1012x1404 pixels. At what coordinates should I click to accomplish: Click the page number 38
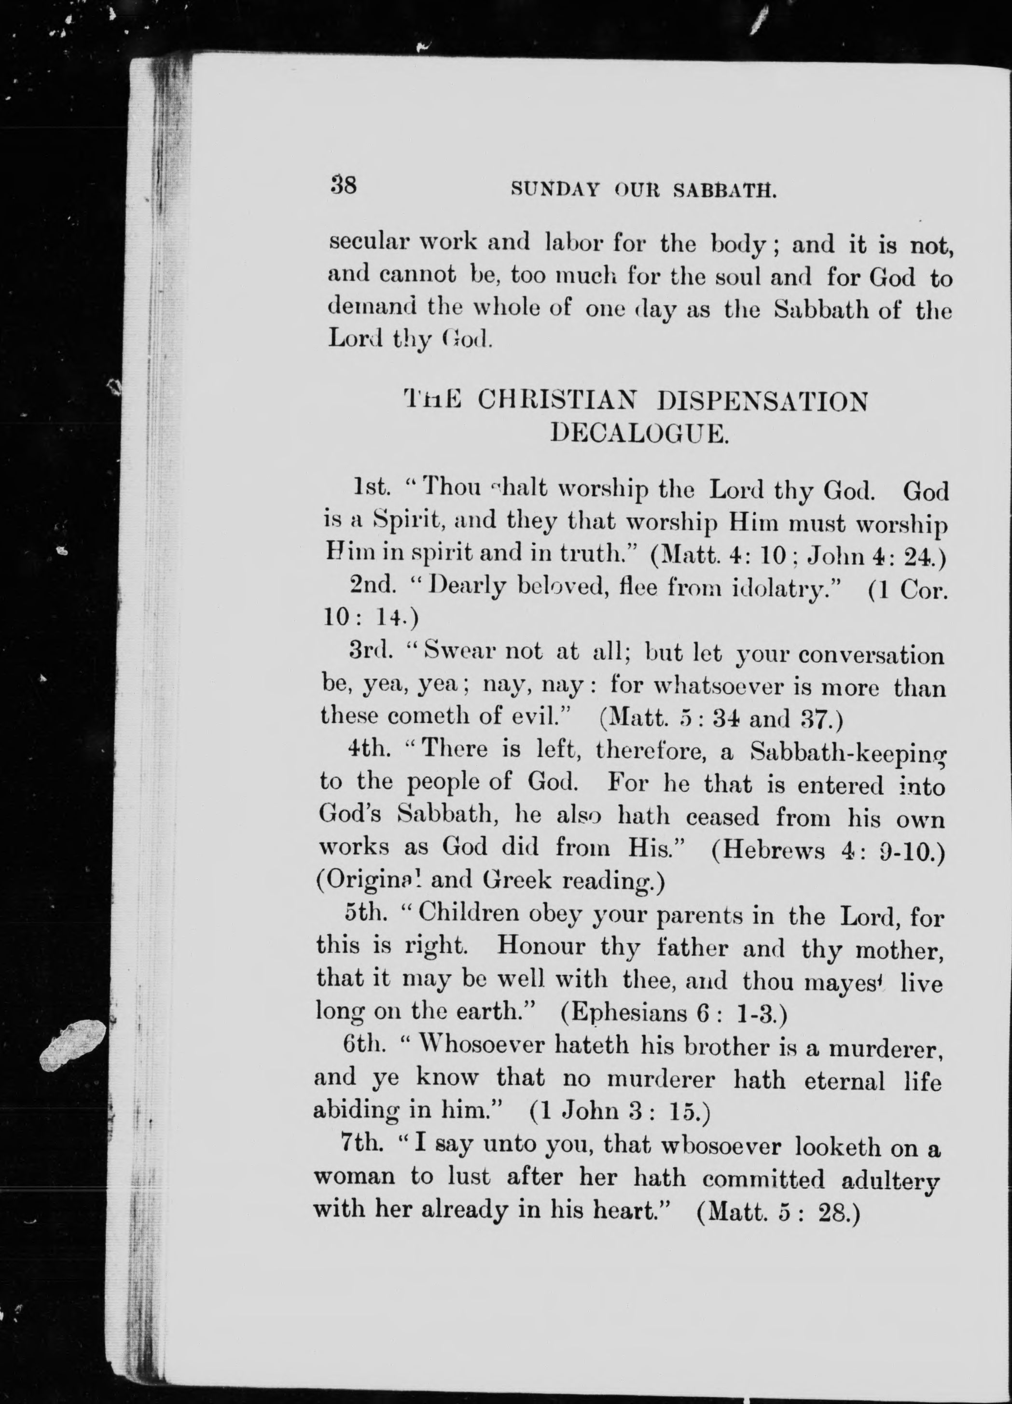coord(344,185)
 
